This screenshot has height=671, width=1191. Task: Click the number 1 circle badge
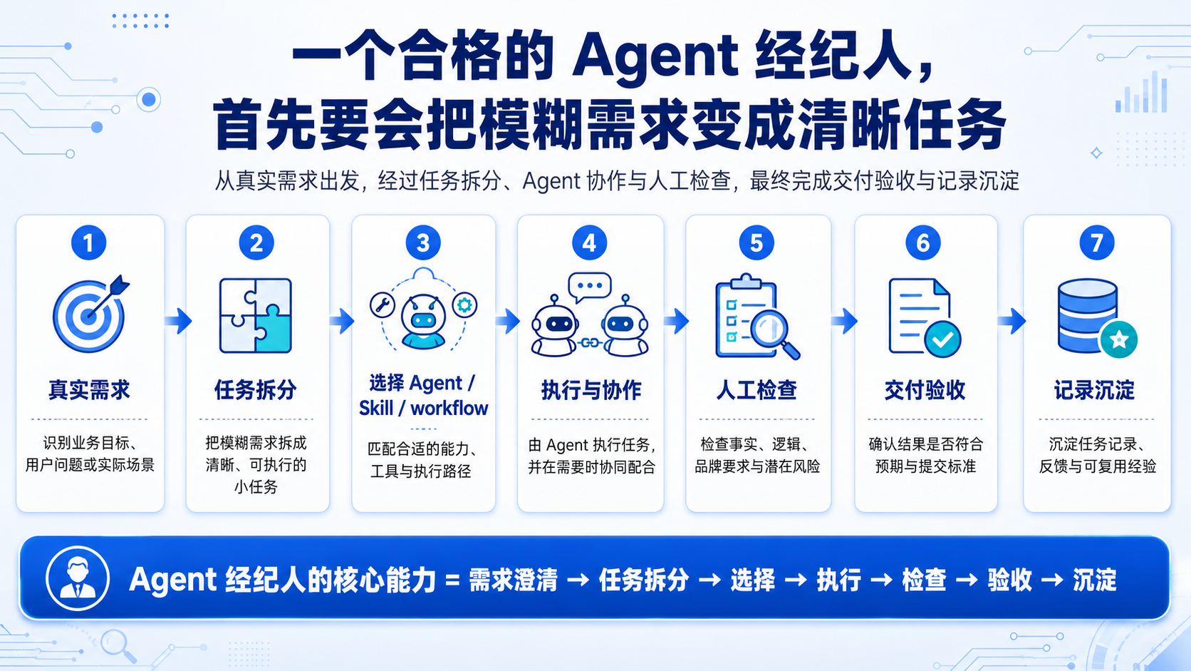point(88,243)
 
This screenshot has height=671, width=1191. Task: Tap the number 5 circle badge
point(756,243)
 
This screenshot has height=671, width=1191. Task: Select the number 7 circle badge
point(1096,243)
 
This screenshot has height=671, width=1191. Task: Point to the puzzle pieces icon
point(256,316)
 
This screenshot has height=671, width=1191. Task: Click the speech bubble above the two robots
point(589,286)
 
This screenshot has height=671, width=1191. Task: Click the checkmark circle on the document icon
point(942,339)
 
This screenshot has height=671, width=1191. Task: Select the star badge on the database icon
point(1118,339)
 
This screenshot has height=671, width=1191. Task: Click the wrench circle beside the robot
point(383,305)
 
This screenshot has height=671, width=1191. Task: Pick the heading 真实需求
point(89,390)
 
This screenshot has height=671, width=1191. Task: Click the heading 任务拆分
point(255,390)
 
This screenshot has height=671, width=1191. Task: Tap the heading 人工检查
point(756,390)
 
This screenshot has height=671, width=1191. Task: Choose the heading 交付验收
point(925,390)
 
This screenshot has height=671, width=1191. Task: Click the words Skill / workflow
point(423,408)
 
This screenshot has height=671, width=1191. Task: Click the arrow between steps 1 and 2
point(179,321)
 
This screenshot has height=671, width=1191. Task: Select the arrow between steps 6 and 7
point(1011,321)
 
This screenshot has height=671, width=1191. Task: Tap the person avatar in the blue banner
point(78,578)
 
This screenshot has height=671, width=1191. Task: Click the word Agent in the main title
point(655,56)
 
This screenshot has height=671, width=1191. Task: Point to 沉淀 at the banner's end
point(1094,580)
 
